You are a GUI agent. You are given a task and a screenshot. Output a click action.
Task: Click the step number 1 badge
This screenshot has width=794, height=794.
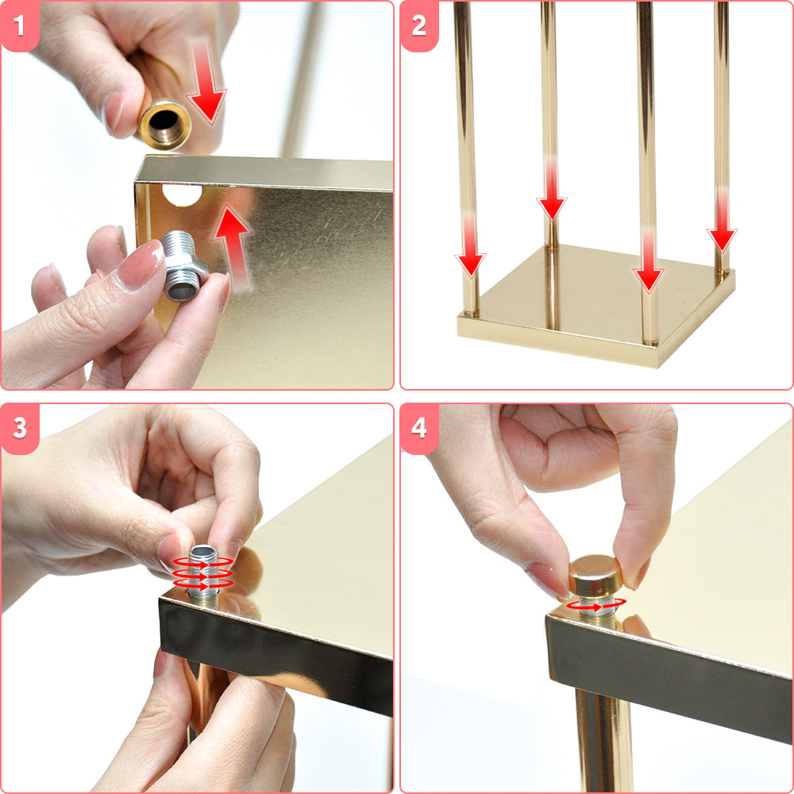[x=19, y=25]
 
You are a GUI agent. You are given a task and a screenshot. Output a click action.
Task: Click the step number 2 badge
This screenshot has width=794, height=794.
[x=418, y=25]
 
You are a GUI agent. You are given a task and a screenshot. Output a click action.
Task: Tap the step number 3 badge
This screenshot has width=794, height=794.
[x=19, y=429]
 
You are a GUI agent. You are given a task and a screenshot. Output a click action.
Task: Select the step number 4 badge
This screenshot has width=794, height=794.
[x=418, y=429]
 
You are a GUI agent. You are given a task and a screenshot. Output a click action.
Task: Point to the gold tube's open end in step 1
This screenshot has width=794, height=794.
[x=165, y=124]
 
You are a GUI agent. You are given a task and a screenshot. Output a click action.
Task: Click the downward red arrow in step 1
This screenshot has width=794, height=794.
[x=206, y=83]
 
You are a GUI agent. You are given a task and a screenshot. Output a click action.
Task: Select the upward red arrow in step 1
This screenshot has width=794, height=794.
[x=233, y=246]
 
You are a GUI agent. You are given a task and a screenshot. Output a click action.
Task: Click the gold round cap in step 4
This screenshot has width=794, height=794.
[x=595, y=575]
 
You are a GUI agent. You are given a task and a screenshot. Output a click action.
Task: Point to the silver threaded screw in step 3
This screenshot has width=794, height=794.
[x=203, y=575]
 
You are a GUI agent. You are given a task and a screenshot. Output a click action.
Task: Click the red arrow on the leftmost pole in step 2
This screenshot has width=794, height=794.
[x=470, y=247]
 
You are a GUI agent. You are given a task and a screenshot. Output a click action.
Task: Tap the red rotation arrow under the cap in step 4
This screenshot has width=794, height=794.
[x=596, y=604]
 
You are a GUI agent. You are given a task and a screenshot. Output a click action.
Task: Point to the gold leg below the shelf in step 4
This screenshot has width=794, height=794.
[x=604, y=740]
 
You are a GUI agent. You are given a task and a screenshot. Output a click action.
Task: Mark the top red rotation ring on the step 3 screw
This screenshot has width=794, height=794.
[x=203, y=562]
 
